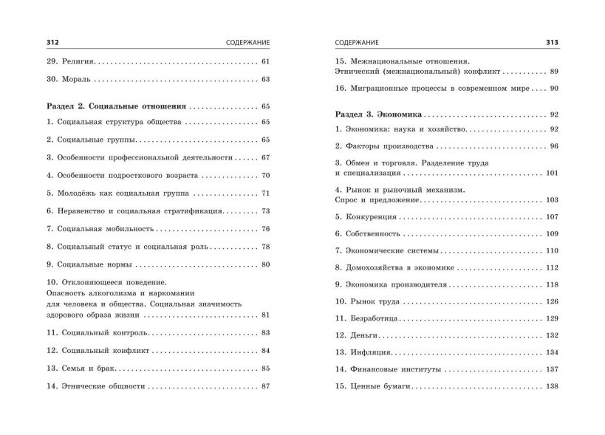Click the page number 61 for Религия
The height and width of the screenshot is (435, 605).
pos(267,61)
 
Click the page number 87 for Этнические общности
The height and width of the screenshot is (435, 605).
pos(267,386)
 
